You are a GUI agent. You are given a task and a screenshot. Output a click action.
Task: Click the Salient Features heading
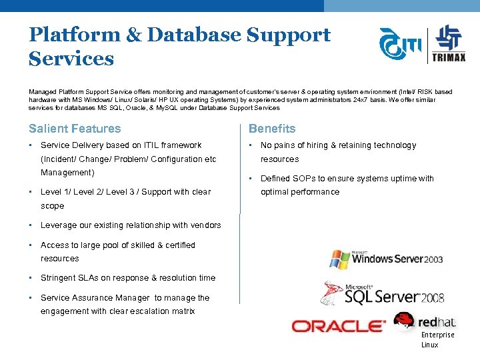[75, 129]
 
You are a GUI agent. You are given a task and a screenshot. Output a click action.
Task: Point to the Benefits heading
[272, 129]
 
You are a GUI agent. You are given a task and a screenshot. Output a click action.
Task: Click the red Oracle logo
[339, 327]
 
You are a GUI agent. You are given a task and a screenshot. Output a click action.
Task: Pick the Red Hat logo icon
[405, 321]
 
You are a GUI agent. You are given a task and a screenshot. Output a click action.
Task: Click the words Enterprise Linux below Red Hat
[438, 340]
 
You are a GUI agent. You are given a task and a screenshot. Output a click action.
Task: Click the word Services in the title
[71, 59]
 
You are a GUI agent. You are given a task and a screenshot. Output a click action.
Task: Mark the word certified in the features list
[181, 245]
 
